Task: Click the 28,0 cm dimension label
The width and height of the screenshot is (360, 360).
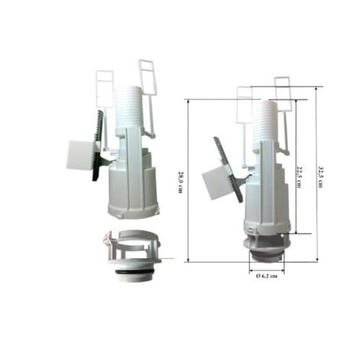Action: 180,182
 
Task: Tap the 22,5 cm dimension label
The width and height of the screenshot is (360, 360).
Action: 299,177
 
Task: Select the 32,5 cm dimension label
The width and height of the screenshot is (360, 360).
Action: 320,177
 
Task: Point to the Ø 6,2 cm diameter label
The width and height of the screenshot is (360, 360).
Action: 267,276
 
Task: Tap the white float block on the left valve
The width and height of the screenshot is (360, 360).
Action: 80,154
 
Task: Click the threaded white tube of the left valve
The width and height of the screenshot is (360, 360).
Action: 128,107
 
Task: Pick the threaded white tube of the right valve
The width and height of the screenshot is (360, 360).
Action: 265,121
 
